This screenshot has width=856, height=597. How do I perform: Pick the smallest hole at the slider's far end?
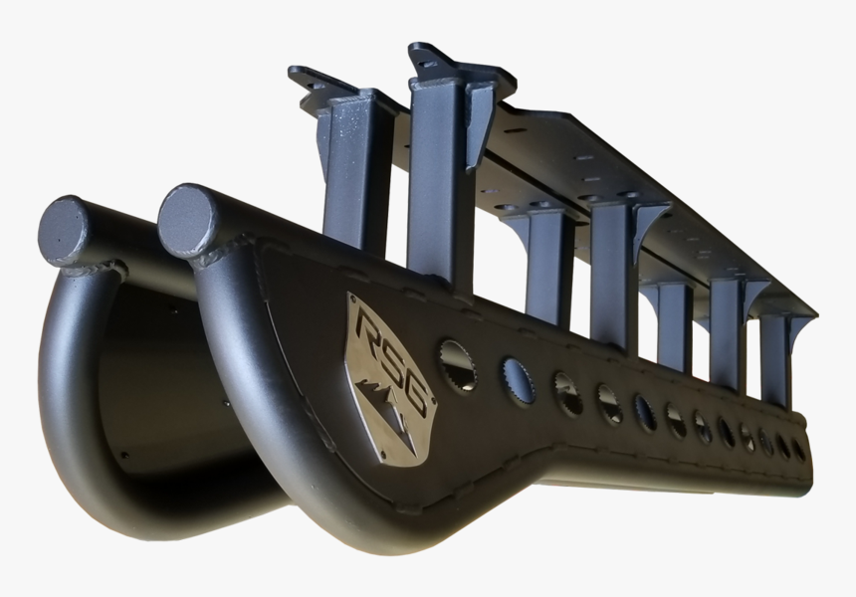[798, 449]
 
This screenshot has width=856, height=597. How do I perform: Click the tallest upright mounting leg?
[438, 179]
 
